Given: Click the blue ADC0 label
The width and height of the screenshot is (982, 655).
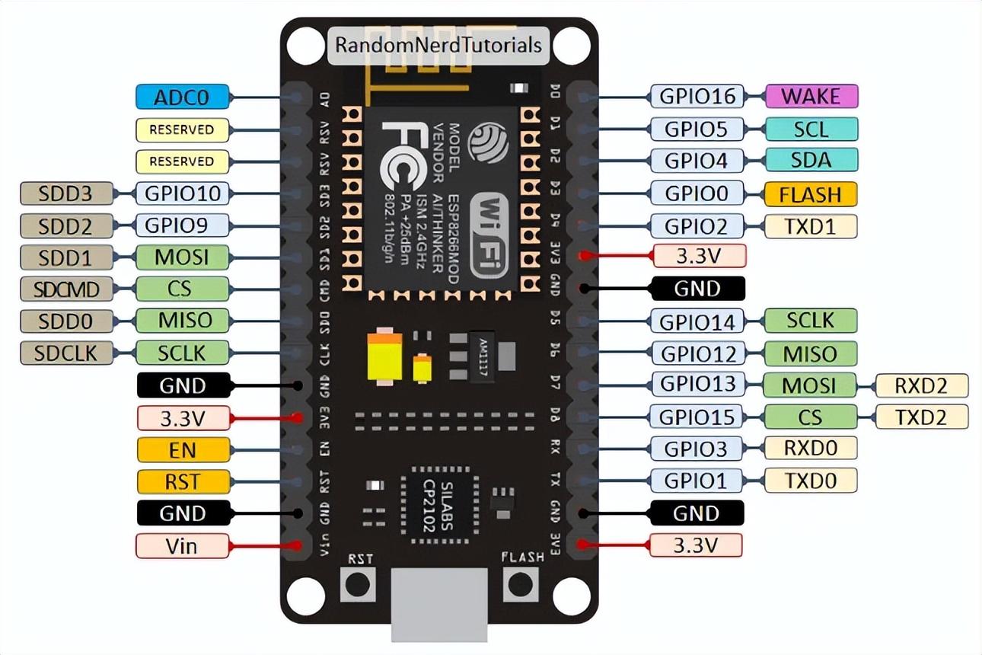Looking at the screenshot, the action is tap(183, 97).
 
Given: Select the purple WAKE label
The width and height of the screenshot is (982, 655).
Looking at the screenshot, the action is tap(811, 96).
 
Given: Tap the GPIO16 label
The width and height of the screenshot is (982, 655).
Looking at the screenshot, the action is tap(697, 96).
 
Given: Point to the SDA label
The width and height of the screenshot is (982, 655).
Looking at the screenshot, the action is tap(811, 160).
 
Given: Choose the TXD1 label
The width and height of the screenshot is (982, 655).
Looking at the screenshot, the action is tap(811, 226).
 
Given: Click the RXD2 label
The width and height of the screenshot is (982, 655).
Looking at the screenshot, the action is tap(922, 385).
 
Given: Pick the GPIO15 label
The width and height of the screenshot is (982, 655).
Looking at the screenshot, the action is tap(697, 417).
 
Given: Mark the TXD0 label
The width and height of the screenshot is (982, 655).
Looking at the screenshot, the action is tap(811, 481).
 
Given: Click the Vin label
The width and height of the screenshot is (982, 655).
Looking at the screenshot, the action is tap(183, 546).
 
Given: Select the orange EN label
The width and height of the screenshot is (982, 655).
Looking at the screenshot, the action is tap(183, 449).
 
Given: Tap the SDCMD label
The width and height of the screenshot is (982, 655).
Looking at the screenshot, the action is tap(67, 289).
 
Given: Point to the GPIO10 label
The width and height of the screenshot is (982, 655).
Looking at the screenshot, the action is tap(183, 193).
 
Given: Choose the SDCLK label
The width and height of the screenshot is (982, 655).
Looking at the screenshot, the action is tap(67, 353).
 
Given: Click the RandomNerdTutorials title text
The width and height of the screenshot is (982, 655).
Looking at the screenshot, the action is tap(438, 45).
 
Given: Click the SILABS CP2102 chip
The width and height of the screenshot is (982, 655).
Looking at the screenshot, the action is tap(440, 506).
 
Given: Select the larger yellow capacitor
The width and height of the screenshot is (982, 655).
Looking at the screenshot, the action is tap(385, 356).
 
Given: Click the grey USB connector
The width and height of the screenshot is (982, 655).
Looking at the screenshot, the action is tap(439, 605).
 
